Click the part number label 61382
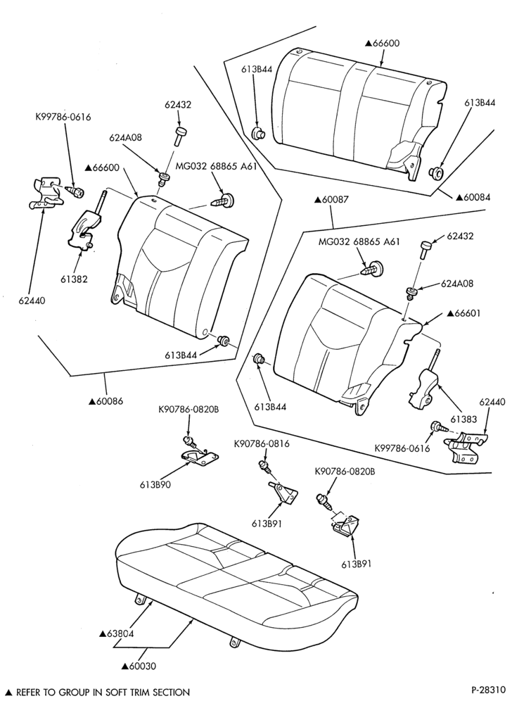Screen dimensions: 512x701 click(74, 279)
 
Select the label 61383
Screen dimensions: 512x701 click(463, 419)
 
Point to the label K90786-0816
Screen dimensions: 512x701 click(262, 444)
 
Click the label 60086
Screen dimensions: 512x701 click(106, 401)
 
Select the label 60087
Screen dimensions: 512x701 click(331, 199)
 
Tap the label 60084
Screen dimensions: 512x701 click(473, 196)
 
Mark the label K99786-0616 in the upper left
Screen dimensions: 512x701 click(63, 117)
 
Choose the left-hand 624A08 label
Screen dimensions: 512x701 click(125, 138)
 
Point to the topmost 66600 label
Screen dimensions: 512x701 click(382, 44)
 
